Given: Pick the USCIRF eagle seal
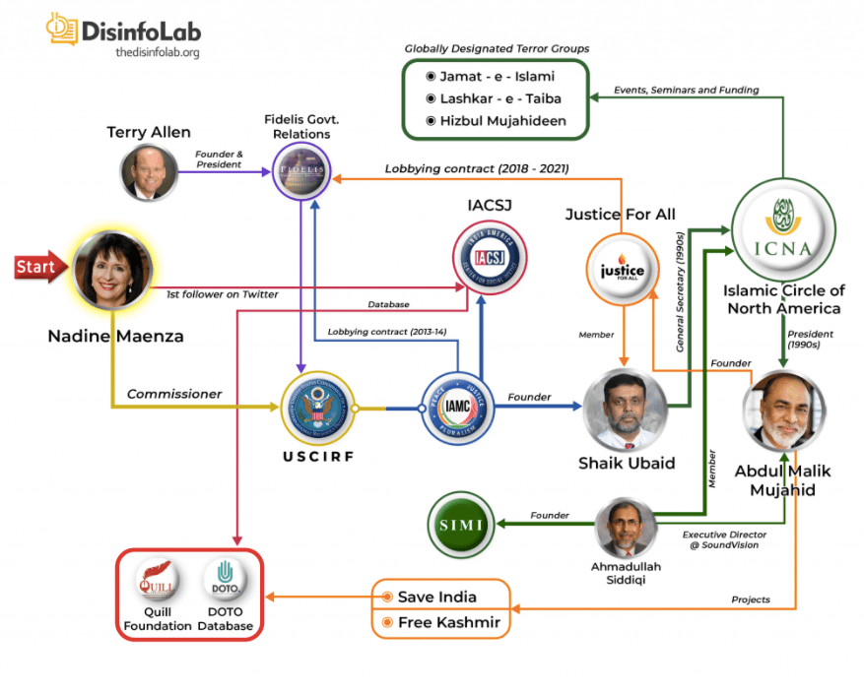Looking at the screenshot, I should tap(317, 407).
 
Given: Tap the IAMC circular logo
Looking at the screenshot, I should tap(452, 407).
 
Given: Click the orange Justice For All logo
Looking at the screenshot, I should tap(622, 270).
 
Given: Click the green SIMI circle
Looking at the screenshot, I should tap(461, 524).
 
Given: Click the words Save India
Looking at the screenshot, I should tap(436, 597).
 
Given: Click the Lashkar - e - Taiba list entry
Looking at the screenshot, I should tap(495, 98).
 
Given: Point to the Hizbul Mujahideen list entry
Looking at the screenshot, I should tap(495, 121).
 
